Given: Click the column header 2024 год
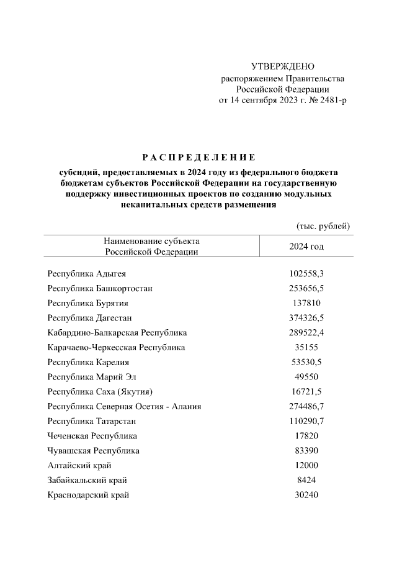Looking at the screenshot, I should coord(306,246).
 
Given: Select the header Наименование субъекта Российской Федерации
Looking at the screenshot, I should coord(152,246).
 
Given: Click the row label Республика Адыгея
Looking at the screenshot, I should coord(87,273).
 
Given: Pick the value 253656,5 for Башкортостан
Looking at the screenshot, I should coord(306,288).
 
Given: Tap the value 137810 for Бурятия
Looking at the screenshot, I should coord(306,303).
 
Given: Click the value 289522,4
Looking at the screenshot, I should coord(306,333).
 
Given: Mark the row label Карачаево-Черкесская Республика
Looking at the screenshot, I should coord(116,348).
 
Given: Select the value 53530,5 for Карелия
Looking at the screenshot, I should coord(306,363).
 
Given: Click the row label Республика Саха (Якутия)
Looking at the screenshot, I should coord(99,392).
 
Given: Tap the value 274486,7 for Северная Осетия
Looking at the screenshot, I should coord(306,407).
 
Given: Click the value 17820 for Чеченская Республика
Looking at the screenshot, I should coord(306,436).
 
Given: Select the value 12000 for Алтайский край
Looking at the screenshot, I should coord(306,465).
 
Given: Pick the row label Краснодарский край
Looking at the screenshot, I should coord(88,495).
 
